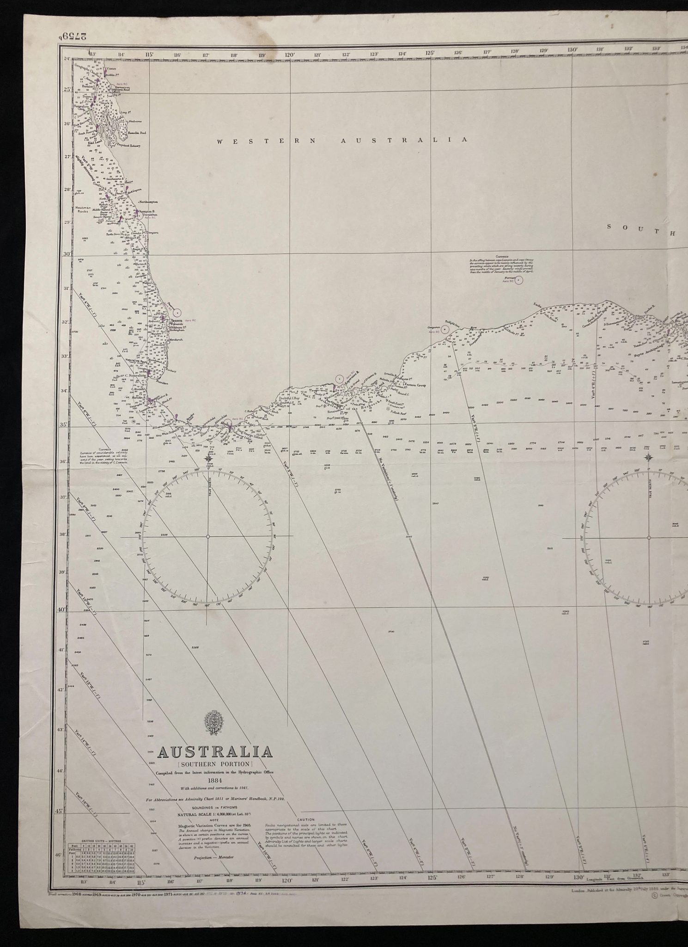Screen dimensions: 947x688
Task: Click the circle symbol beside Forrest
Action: coord(519,280)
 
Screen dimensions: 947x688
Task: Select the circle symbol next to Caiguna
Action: coord(444,329)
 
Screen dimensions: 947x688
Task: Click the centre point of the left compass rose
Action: coord(208,536)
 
